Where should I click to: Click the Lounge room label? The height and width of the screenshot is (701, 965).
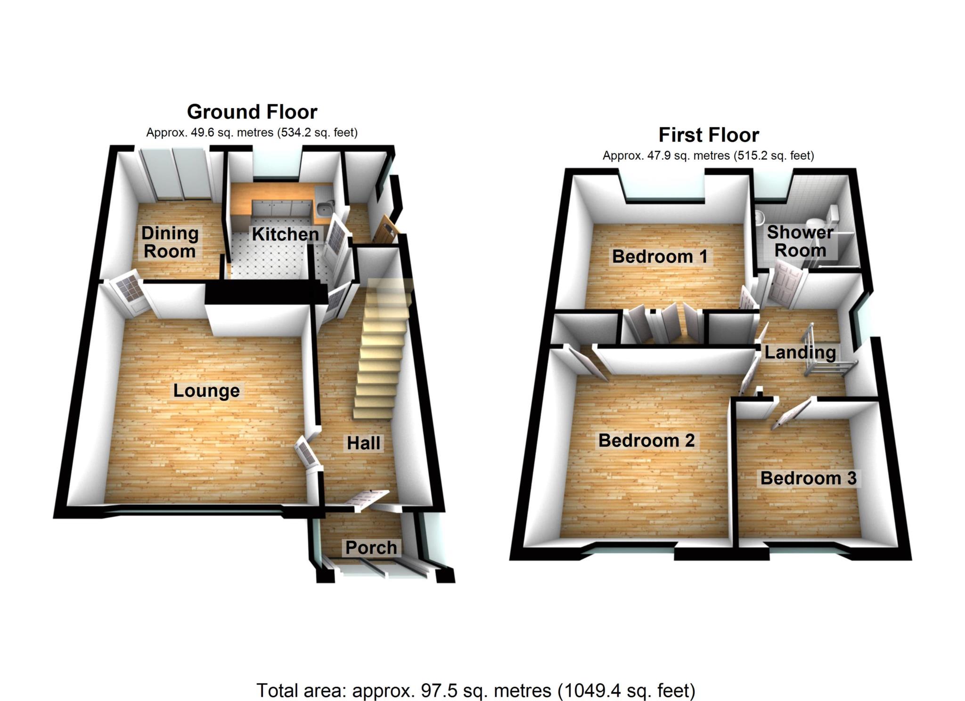click(206, 391)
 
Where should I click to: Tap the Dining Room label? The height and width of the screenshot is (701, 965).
click(170, 242)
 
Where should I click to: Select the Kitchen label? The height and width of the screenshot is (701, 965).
click(285, 234)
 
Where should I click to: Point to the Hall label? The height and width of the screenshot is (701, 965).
click(363, 443)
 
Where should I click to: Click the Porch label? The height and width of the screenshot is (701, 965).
click(371, 548)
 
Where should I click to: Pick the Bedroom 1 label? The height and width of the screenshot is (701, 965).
click(659, 257)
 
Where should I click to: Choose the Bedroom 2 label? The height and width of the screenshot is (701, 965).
click(646, 441)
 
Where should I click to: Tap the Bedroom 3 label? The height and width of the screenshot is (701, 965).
click(808, 478)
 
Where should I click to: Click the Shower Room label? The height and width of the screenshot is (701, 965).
click(800, 241)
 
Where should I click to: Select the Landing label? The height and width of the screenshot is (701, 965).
click(800, 352)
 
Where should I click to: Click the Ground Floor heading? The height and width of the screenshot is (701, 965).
click(252, 112)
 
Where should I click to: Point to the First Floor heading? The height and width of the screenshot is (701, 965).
click(709, 135)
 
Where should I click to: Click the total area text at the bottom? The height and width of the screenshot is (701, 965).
click(476, 691)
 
